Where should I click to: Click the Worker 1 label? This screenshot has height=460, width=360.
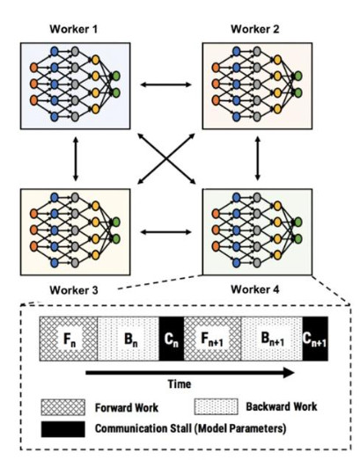pos(73,29)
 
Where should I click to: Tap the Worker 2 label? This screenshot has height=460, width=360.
pos(255,29)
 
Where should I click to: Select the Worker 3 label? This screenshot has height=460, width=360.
pos(74,290)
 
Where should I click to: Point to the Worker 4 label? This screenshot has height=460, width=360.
pos(255,289)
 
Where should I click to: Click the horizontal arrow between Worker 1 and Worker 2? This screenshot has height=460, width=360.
pos(165,84)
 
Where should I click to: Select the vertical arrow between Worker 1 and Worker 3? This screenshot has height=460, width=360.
pos(76,158)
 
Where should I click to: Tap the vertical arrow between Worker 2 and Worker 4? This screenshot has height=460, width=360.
pos(258,158)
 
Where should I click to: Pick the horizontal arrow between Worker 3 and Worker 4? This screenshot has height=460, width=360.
pos(165,232)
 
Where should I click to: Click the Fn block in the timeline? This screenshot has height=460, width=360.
pos(69,339)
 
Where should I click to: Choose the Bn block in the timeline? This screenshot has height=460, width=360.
pos(129,339)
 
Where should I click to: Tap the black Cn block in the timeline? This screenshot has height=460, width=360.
pos(172,339)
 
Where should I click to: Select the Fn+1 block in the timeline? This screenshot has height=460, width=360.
pos(212,339)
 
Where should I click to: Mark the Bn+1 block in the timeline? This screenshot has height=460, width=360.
pos(272,339)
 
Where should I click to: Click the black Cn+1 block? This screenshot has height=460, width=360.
pos(315,339)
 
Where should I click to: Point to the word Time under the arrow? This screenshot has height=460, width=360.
pos(179,384)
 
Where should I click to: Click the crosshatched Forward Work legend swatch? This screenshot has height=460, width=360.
pos(63,407)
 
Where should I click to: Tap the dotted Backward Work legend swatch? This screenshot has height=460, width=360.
pos(217,406)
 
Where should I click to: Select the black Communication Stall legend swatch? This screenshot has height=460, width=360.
pos(63,429)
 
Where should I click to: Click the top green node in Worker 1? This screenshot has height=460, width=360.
pos(116,77)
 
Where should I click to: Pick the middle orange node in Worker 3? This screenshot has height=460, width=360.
pos(33,230)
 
